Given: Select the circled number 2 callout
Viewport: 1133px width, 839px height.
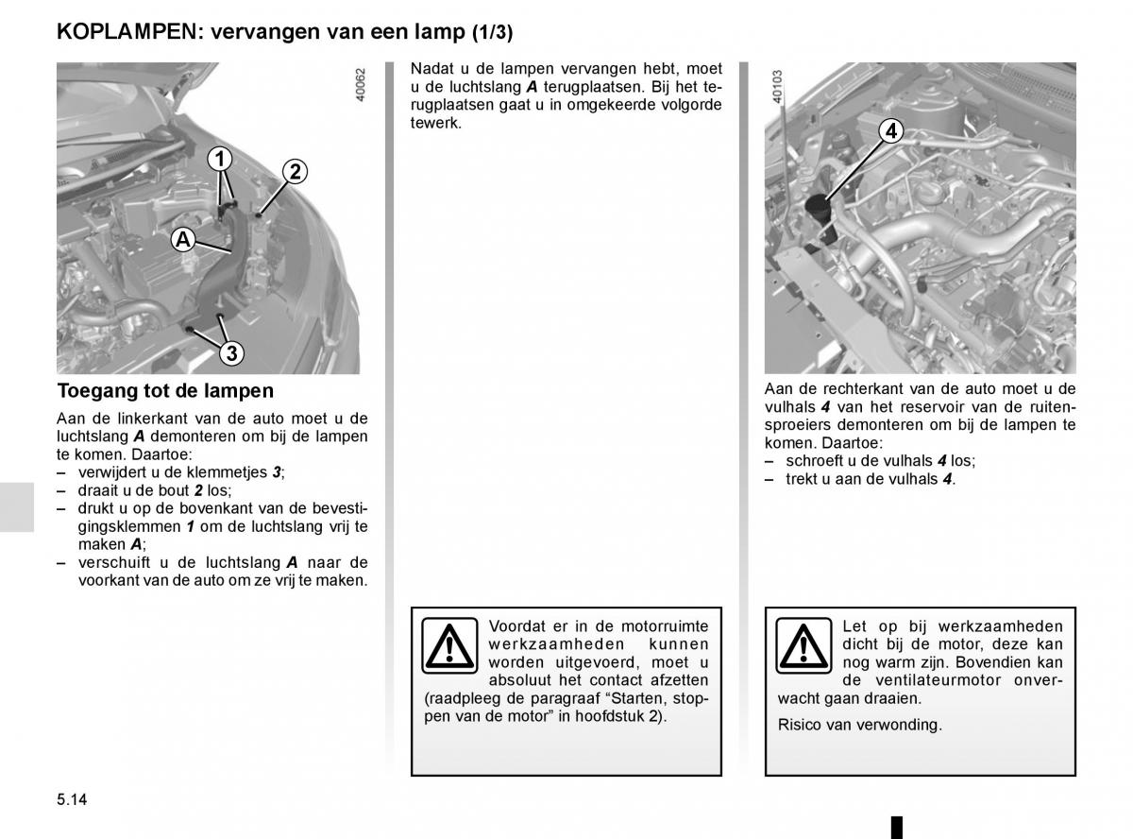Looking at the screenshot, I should [294, 171].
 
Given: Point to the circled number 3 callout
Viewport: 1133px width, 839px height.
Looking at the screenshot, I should [230, 354].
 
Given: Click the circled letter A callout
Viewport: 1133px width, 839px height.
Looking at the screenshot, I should [183, 240].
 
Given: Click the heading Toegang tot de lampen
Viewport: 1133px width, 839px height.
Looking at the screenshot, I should [165, 390].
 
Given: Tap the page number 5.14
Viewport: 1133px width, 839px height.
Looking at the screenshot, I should [72, 799].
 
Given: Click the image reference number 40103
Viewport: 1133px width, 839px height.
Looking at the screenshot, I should [777, 85].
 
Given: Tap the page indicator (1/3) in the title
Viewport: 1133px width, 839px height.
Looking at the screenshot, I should [492, 32].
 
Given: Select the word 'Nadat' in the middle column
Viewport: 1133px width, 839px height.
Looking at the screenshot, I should [430, 69].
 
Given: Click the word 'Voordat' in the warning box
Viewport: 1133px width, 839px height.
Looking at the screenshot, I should [515, 625].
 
